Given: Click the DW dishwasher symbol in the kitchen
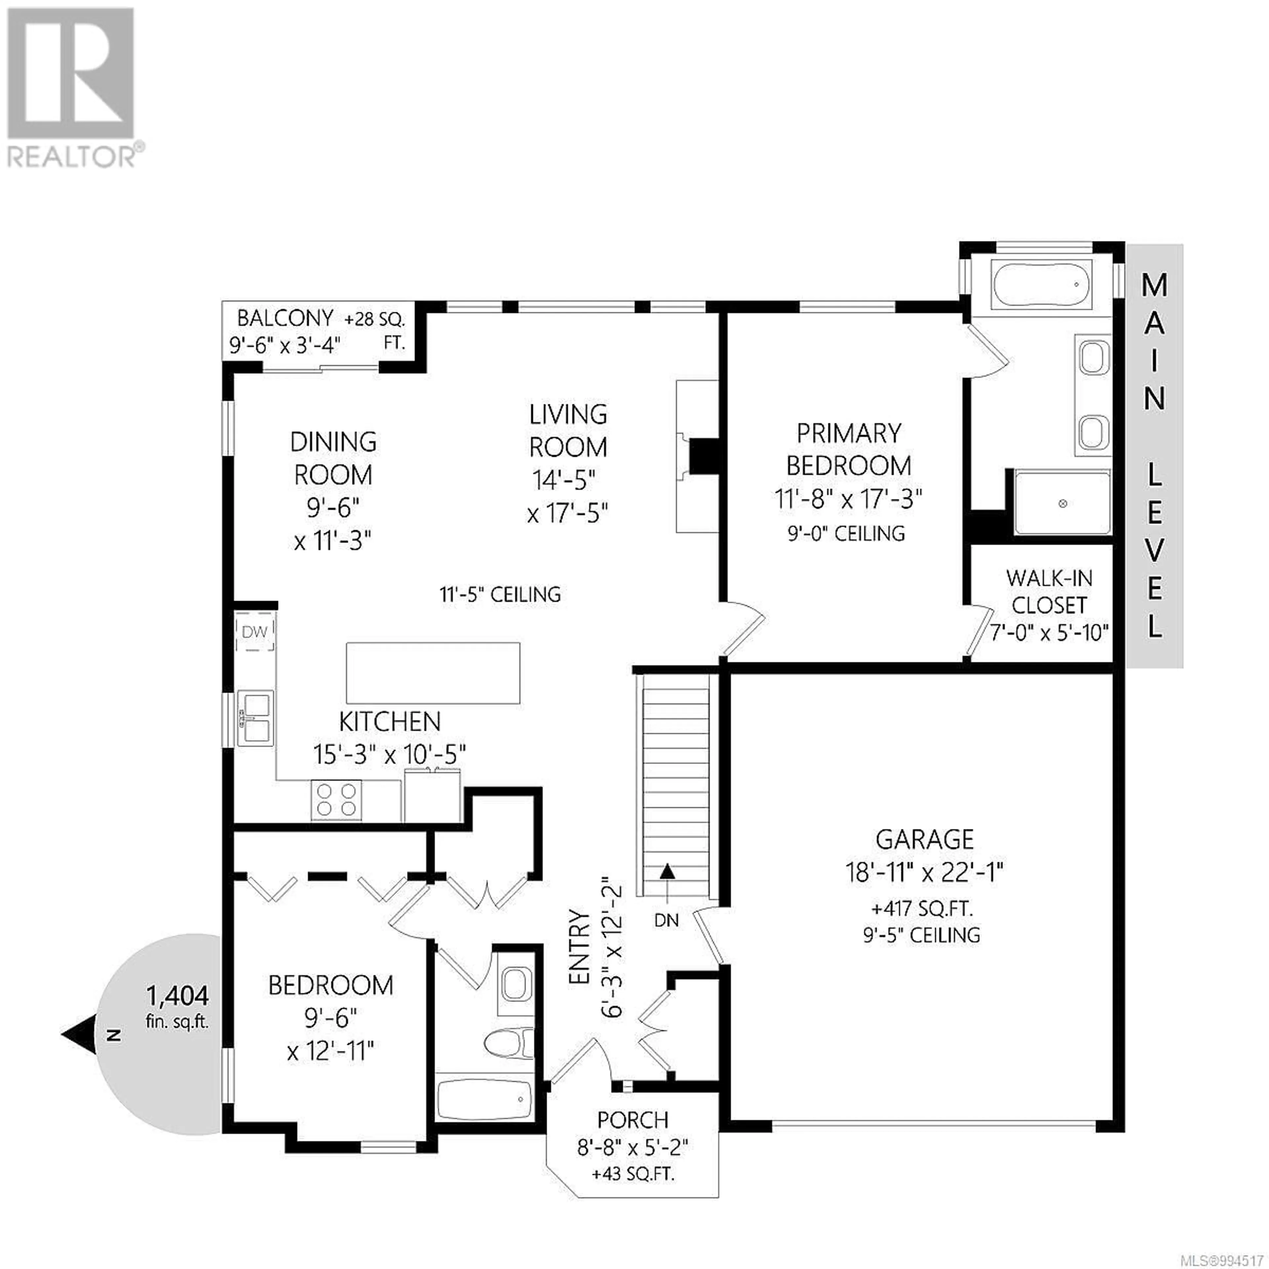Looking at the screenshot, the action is [x=255, y=632].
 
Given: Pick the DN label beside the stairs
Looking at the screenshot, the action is [x=667, y=920].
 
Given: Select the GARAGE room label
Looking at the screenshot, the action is [x=925, y=839].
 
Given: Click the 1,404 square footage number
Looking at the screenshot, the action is [x=177, y=996].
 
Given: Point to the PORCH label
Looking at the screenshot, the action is [x=633, y=1119].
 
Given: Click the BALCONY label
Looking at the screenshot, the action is [x=285, y=319].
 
